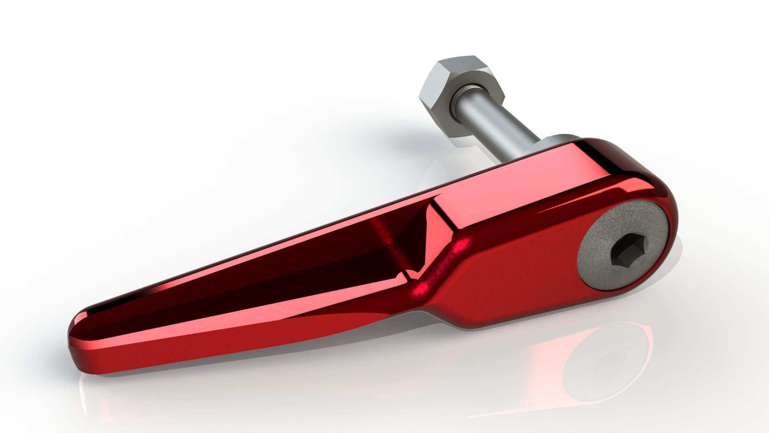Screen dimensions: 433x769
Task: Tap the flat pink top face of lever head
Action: tap(563, 180)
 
